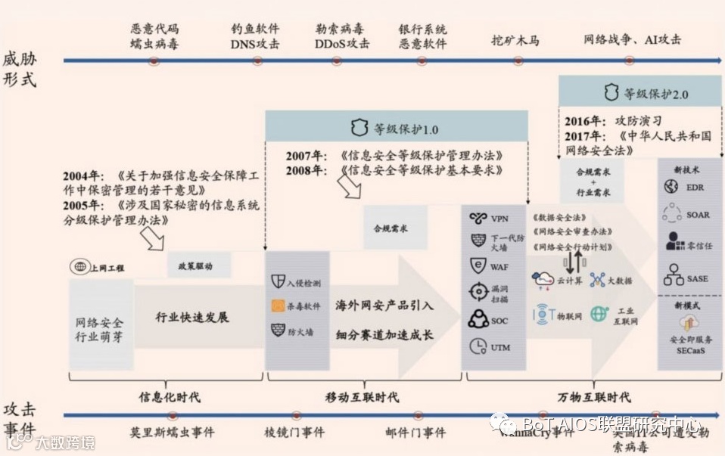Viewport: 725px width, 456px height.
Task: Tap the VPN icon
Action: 478,219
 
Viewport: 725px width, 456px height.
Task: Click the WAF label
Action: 499,267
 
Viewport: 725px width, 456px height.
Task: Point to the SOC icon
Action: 478,320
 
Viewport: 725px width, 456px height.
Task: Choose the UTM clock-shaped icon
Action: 478,346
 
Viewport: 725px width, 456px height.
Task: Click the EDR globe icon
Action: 671,187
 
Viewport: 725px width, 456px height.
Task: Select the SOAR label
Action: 698,215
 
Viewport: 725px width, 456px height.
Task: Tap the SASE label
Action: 698,278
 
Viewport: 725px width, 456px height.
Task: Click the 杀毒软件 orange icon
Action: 278,306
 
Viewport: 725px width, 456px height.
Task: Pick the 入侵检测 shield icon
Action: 277,282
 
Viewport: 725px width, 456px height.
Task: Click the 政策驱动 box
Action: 195,266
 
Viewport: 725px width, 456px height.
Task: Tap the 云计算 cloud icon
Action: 543,280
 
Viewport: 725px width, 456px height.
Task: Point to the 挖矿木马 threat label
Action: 515,39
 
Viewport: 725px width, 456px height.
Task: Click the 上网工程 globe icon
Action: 79,267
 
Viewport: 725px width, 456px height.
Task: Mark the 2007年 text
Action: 305,156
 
